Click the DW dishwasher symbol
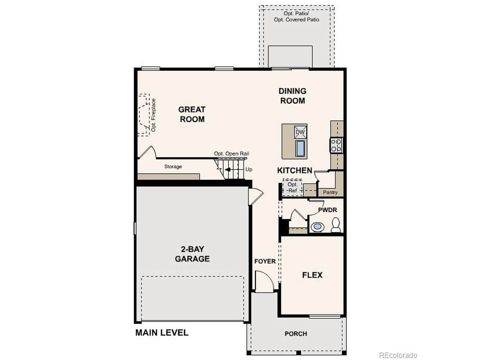coord(300,132)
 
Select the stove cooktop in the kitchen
coord(336,145)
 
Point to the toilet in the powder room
coord(335,225)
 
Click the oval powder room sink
coord(317,226)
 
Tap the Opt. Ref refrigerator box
coord(292,187)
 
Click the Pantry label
coord(330,192)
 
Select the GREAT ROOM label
coord(192,114)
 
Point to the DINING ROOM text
coord(292,96)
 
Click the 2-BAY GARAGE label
coord(192,254)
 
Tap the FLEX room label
coord(312,275)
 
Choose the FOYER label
coord(265,261)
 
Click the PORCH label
coord(295,334)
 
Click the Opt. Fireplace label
coord(153,115)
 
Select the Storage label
coord(173,166)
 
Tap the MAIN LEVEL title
coord(162,333)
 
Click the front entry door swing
coord(264,282)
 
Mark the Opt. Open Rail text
coord(231,154)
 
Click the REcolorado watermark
coord(398,355)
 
